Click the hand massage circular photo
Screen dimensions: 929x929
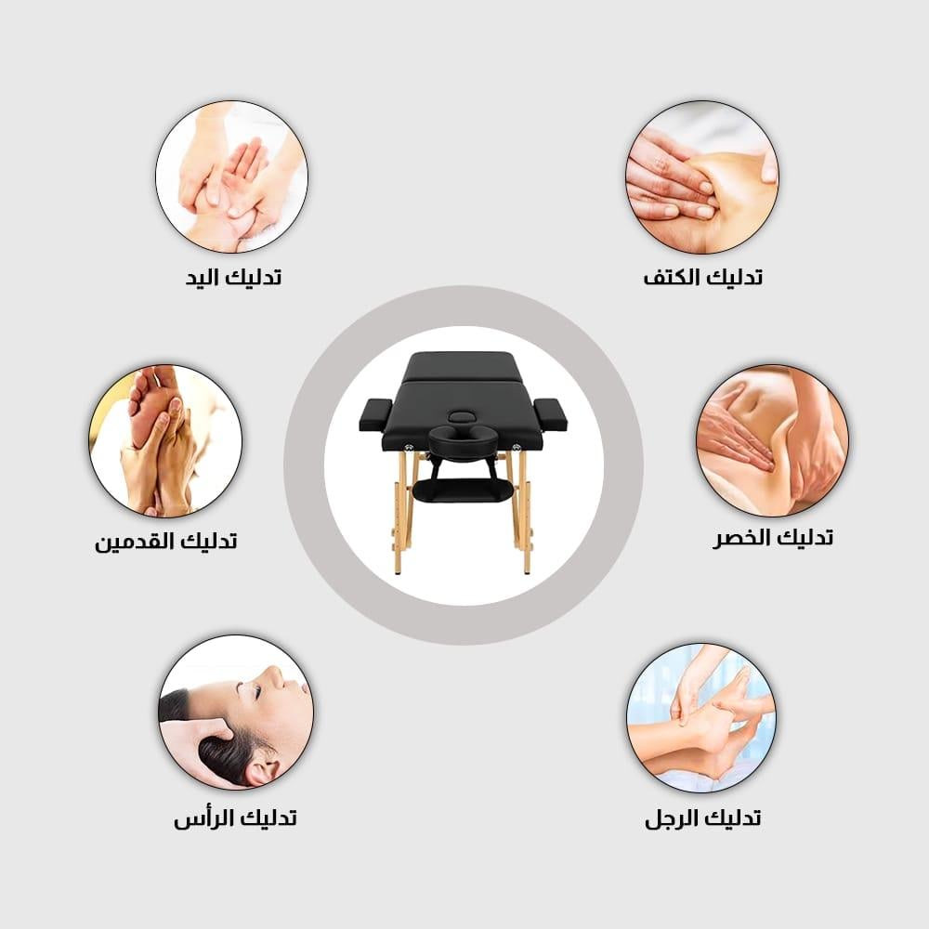click(x=231, y=177)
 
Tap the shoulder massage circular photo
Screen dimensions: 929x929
click(x=702, y=177)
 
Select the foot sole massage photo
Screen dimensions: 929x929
click(x=165, y=440)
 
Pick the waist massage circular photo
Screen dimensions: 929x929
click(x=773, y=440)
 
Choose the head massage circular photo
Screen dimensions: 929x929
click(x=236, y=713)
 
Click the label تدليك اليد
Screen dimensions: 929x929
click(x=233, y=277)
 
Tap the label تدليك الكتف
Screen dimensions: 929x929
click(x=702, y=277)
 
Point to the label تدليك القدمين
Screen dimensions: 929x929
click(x=166, y=541)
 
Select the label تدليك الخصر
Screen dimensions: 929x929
click(x=773, y=538)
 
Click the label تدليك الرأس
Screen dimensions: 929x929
click(x=235, y=818)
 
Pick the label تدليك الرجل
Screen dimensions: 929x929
click(x=702, y=818)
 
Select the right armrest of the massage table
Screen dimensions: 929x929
click(x=550, y=413)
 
